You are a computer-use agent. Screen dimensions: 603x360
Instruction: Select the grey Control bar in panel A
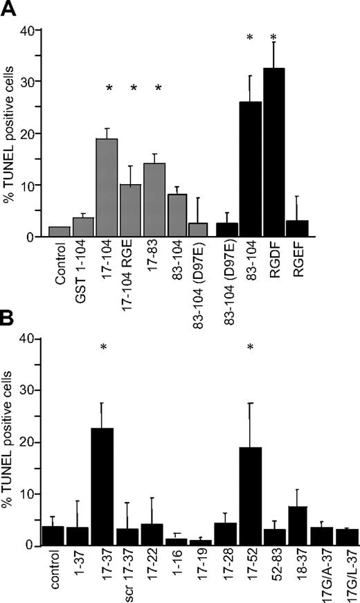point(59,232)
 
